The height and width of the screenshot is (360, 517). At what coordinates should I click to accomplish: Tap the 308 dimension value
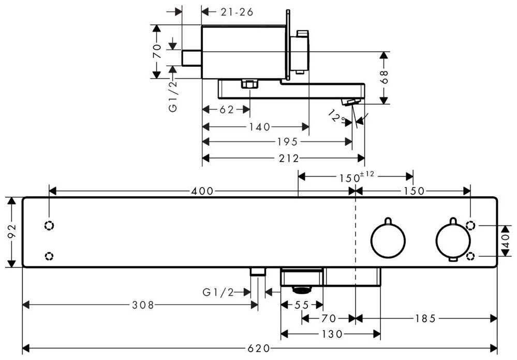pyautogui.click(x=143, y=305)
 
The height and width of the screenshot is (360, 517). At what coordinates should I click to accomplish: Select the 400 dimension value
pyautogui.click(x=202, y=191)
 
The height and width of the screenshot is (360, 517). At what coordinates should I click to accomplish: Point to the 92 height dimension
pyautogui.click(x=12, y=232)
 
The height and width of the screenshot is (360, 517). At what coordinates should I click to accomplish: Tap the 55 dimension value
pyautogui.click(x=301, y=305)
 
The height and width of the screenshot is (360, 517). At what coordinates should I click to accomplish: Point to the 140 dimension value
pyautogui.click(x=259, y=126)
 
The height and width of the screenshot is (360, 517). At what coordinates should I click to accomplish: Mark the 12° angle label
pyautogui.click(x=337, y=117)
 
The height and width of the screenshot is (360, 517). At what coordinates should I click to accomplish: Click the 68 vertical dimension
pyautogui.click(x=383, y=77)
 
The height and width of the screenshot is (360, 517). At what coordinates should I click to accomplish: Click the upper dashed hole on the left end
pyautogui.click(x=49, y=226)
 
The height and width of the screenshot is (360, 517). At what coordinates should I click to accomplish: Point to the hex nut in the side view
pyautogui.click(x=249, y=84)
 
